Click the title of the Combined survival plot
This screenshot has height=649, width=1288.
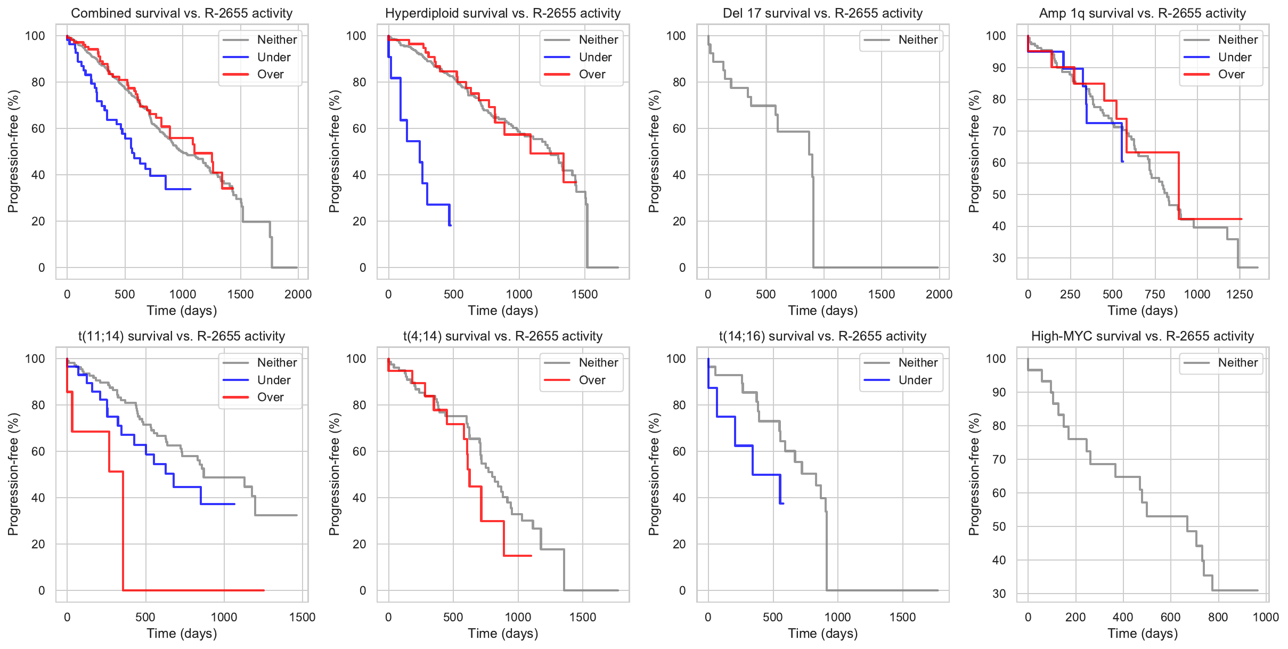(182, 13)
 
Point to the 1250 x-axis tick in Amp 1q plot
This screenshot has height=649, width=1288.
(1240, 294)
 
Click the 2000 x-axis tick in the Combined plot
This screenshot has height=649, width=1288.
(298, 294)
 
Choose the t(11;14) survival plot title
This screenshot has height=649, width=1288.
(182, 336)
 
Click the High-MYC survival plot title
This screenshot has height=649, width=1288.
(1143, 336)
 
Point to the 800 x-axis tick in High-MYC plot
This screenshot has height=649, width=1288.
(1218, 617)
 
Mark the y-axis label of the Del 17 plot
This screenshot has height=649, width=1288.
(654, 151)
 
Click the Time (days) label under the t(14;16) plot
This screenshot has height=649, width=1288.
(823, 633)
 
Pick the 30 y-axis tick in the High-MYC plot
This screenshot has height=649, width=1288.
(999, 594)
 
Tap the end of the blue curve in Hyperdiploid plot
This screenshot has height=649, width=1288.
(451, 225)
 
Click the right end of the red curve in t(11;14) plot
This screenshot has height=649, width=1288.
(264, 590)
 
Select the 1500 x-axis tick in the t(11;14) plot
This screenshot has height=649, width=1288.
(303, 617)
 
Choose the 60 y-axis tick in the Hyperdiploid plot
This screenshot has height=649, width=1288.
(360, 128)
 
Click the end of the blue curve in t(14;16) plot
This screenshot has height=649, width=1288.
(783, 503)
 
